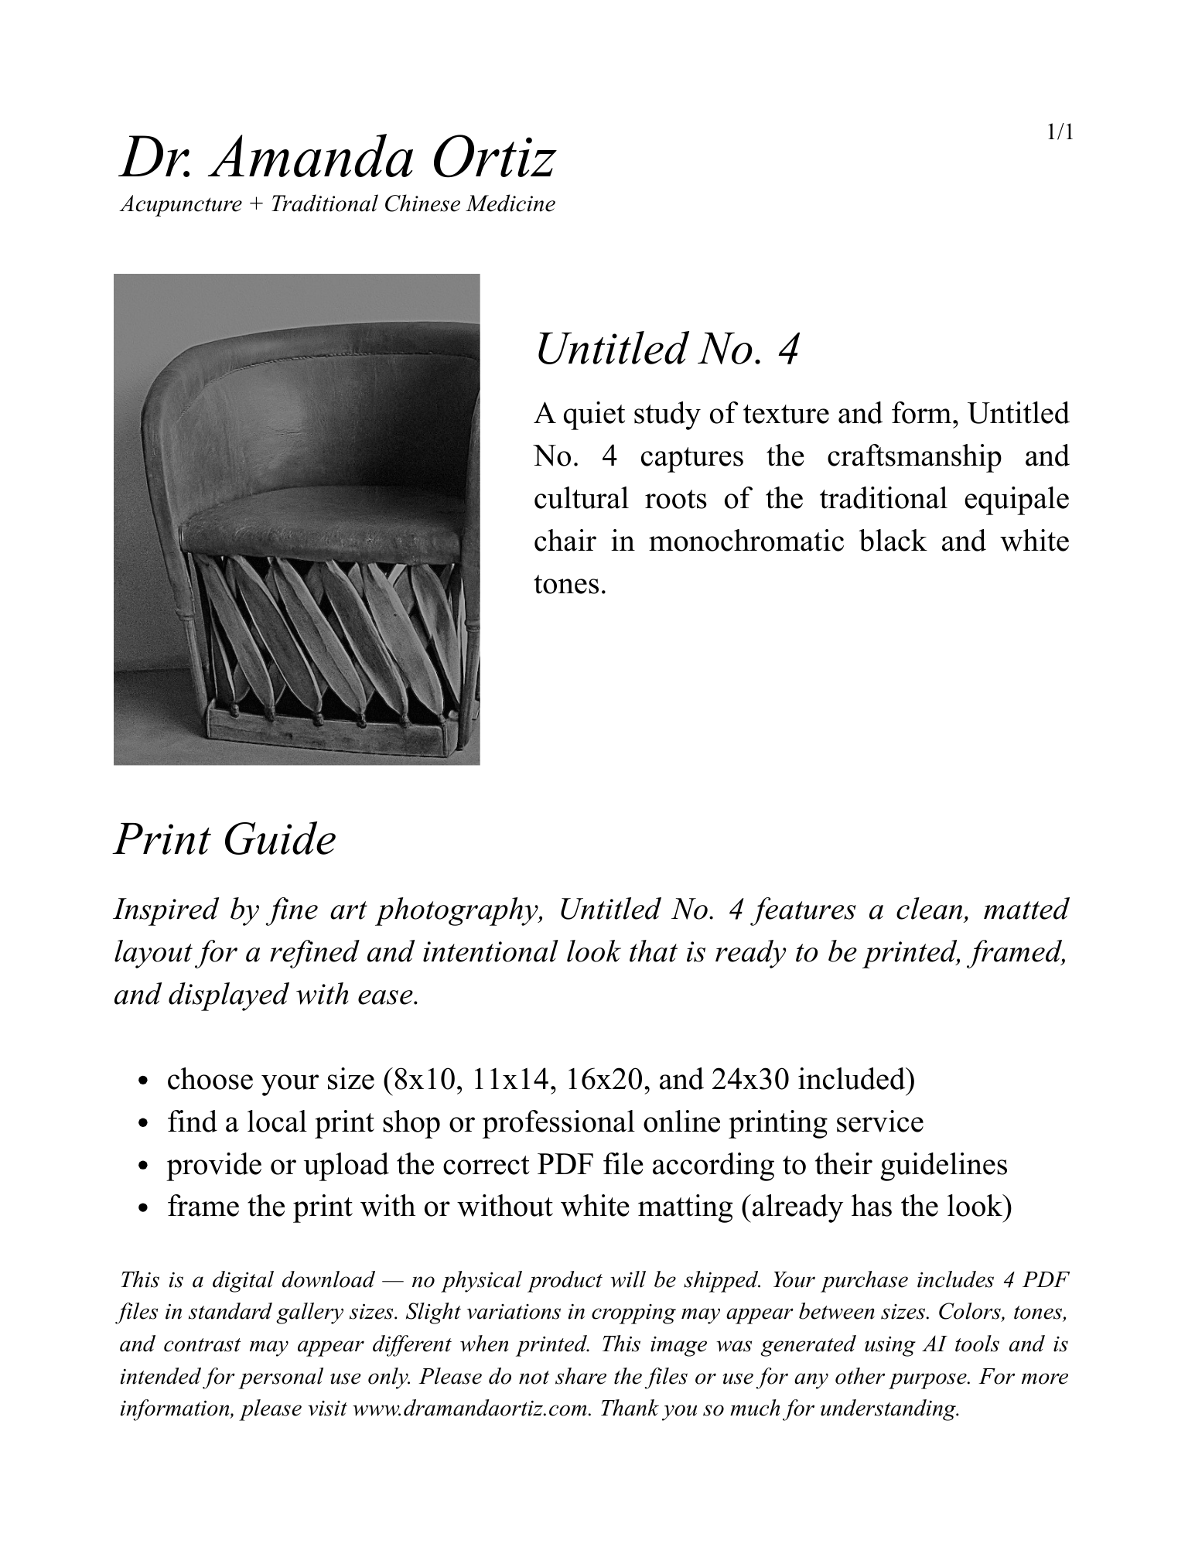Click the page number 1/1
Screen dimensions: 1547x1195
(1060, 132)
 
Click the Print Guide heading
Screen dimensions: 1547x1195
(225, 839)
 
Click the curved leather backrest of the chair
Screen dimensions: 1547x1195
(325, 402)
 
